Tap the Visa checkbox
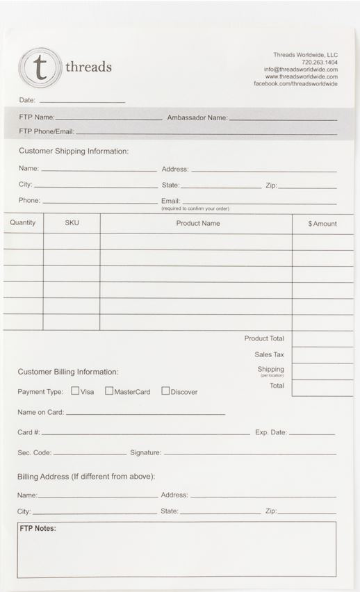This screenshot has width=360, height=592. tap(75, 390)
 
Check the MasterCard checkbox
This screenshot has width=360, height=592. tap(109, 390)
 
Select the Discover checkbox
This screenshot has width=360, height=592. tap(165, 390)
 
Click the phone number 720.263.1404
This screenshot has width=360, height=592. tap(320, 62)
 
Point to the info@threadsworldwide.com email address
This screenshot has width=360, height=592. tap(300, 69)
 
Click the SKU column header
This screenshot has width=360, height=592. tap(72, 223)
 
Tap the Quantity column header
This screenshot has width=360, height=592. tap(23, 223)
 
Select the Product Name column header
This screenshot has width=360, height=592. tap(198, 223)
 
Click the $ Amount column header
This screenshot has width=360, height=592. tap(322, 224)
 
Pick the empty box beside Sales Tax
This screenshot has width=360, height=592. tap(322, 354)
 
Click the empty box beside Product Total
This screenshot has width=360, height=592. tap(322, 338)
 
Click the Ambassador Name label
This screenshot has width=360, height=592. tap(197, 118)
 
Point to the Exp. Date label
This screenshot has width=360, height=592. tap(271, 432)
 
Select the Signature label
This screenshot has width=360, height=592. tap(145, 452)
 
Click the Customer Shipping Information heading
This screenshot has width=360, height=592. tap(74, 151)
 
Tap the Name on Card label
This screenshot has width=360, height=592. tap(40, 412)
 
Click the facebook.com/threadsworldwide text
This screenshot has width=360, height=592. tap(295, 84)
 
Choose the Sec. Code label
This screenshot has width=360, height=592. tap(35, 452)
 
